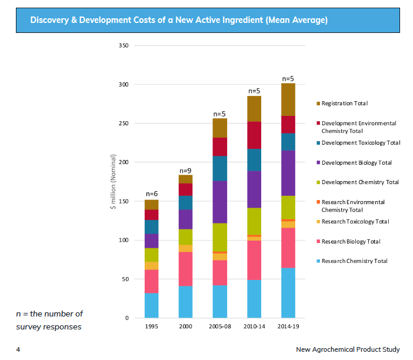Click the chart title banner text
(179, 21)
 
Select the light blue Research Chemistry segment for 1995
(152, 305)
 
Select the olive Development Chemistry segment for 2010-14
(254, 221)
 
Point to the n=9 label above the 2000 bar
(186, 171)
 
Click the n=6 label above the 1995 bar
(152, 194)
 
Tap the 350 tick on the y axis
(124, 45)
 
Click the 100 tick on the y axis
(124, 240)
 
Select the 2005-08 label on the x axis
(220, 326)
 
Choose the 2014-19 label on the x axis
(288, 326)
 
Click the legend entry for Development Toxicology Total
(361, 143)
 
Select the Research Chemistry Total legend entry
(354, 261)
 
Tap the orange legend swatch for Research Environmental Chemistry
(318, 202)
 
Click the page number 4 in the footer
(18, 349)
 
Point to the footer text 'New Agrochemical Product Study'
(348, 349)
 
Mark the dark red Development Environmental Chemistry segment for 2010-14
(254, 135)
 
